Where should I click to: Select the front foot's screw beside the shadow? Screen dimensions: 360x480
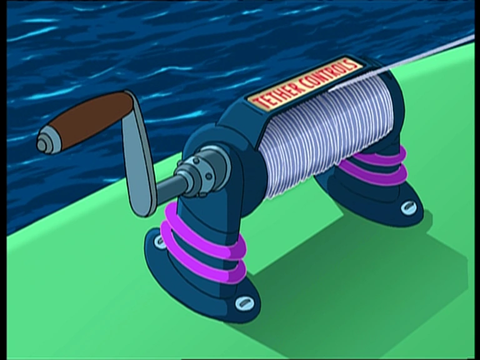pos(244,304)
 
